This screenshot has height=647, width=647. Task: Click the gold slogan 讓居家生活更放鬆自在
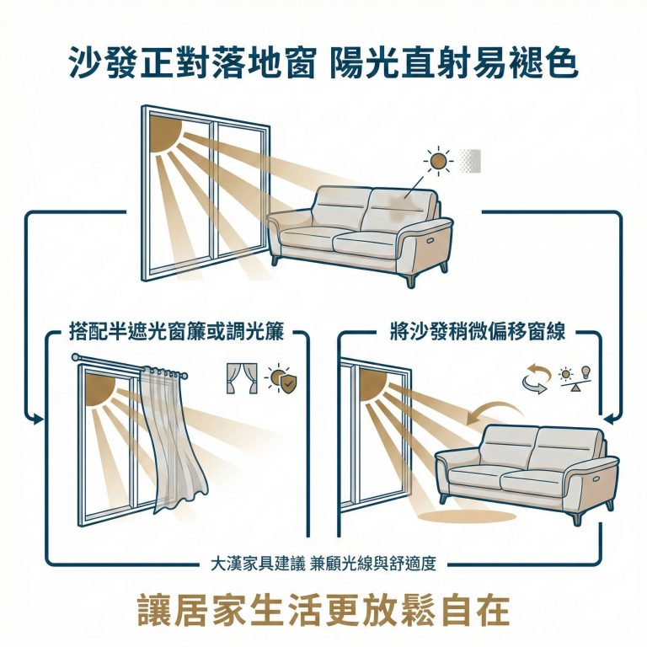tap(323, 609)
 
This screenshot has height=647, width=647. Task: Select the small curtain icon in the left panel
tap(241, 379)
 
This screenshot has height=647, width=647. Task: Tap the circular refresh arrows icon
tap(535, 380)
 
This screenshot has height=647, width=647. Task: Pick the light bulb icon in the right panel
tap(586, 372)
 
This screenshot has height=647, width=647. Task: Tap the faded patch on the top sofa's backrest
tap(404, 201)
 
